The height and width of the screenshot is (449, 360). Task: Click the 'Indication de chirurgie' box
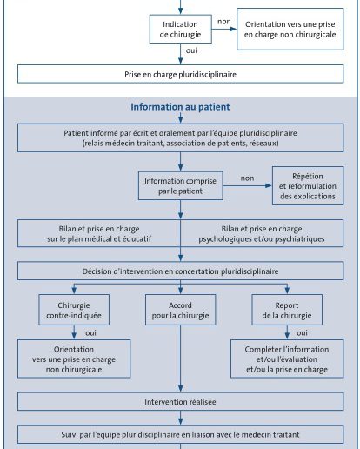181,29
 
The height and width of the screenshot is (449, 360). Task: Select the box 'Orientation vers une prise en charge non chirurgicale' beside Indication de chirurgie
290,29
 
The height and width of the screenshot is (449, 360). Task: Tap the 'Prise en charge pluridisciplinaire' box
181,74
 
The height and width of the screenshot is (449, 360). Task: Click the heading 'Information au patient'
180,107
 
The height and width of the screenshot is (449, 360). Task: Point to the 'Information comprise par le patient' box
181,185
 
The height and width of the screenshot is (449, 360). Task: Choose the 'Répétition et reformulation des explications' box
308,186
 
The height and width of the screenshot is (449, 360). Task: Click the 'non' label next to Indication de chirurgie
224,22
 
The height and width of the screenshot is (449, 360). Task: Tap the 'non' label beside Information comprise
247,178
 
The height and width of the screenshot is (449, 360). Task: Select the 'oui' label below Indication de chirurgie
191,50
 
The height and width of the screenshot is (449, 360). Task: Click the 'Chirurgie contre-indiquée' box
74,310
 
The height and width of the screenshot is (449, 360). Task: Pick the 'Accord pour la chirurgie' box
181,310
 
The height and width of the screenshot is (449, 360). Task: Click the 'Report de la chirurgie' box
287,310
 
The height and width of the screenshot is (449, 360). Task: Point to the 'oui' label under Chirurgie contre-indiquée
90,333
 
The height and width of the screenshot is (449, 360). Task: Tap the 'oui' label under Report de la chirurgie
302,333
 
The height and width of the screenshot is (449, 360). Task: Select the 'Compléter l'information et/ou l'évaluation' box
287,359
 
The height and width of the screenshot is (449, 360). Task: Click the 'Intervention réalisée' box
181,402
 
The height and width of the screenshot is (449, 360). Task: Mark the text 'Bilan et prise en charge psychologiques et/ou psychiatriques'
262,234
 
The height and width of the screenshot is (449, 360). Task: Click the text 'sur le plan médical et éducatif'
99,239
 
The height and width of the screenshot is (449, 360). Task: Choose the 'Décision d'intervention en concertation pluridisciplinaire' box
181,271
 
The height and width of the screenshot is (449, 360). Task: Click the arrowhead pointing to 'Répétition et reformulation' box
269,185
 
